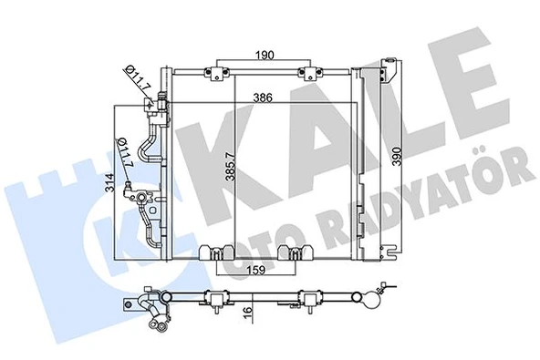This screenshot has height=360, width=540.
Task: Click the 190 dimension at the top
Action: coord(265,55)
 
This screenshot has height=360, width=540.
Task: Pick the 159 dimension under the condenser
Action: coord(257,271)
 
